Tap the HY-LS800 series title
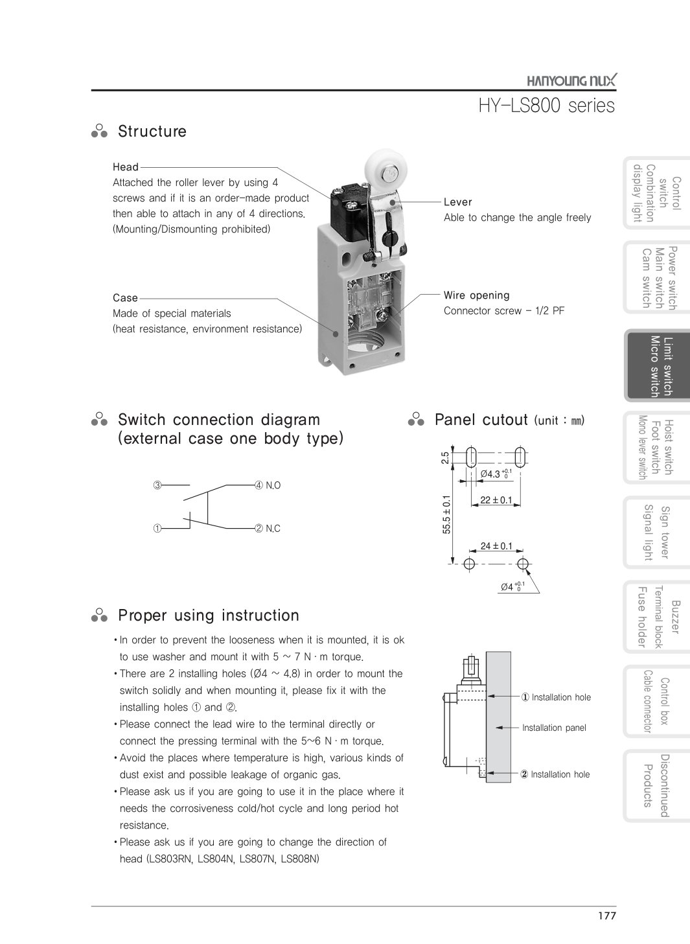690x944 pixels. [x=546, y=105]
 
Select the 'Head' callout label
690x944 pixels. [x=126, y=167]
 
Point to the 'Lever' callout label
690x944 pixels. [x=458, y=202]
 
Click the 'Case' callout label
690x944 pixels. [x=125, y=298]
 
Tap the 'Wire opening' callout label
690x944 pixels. [x=476, y=295]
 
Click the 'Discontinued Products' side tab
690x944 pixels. [x=656, y=785]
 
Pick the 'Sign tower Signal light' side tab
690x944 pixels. [x=656, y=532]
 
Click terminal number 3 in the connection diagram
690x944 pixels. [x=157, y=485]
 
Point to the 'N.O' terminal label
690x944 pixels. [x=273, y=485]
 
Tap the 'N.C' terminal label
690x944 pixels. [x=273, y=529]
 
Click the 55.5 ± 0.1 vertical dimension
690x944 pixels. [x=446, y=515]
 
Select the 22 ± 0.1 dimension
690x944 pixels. [x=496, y=500]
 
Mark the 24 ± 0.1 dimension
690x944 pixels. [x=496, y=546]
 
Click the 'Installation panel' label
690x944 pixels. [x=554, y=728]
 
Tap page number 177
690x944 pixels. [x=607, y=915]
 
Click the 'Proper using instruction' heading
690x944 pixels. [x=208, y=616]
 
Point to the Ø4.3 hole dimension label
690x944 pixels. [x=496, y=474]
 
